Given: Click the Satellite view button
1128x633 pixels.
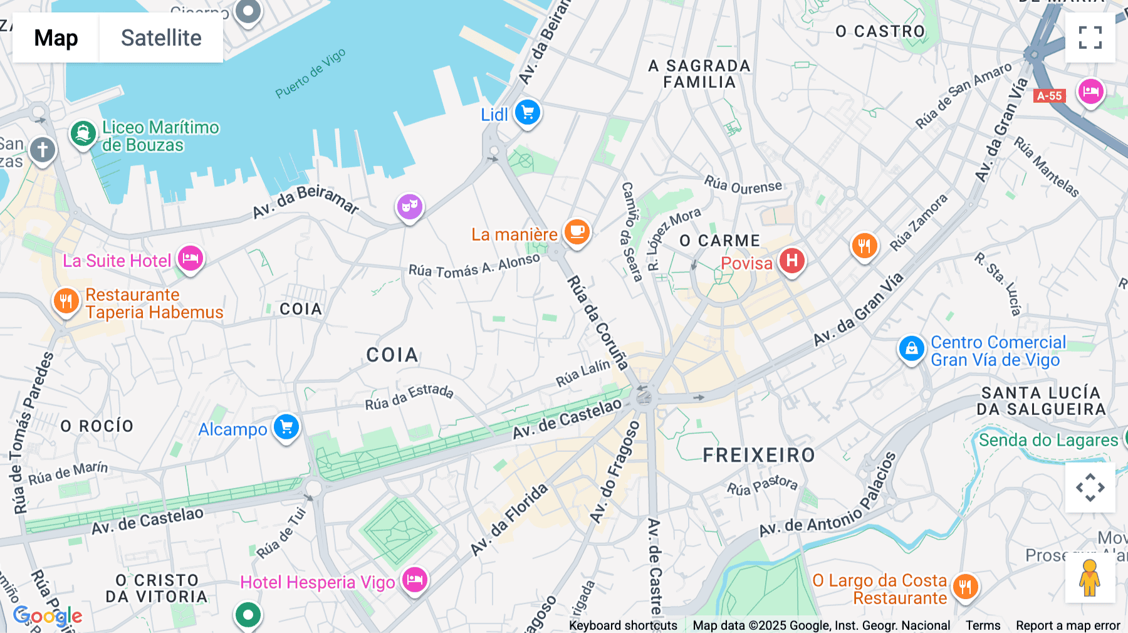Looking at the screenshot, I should [161, 38].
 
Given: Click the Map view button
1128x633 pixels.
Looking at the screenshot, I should [56, 38].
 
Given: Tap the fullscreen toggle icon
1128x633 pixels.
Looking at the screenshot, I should [1090, 38].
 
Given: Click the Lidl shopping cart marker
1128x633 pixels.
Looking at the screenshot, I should [528, 113].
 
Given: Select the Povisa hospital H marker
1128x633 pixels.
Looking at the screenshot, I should [791, 260].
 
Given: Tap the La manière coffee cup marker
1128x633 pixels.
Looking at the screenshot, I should [577, 232].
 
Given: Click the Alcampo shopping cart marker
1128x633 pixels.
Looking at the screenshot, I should [286, 427].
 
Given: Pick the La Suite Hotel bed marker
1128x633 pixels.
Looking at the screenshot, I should [191, 258].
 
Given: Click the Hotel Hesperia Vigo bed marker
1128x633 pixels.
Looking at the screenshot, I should [414, 580].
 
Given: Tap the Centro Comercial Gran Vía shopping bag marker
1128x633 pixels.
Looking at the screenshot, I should [911, 348].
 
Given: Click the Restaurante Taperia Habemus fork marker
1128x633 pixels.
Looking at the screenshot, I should [66, 301].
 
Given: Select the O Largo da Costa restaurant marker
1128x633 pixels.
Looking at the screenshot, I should [965, 587].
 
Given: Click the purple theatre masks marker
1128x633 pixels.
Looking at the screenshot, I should [409, 206].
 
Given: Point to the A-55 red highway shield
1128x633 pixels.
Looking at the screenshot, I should [1049, 96].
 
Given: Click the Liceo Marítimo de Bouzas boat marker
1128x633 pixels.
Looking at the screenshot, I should [83, 133].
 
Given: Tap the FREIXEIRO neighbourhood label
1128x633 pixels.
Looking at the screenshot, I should [758, 455].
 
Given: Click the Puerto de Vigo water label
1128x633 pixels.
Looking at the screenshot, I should [310, 74].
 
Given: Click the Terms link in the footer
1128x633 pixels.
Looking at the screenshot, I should [983, 625].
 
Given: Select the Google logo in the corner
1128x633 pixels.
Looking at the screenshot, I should [48, 616].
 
